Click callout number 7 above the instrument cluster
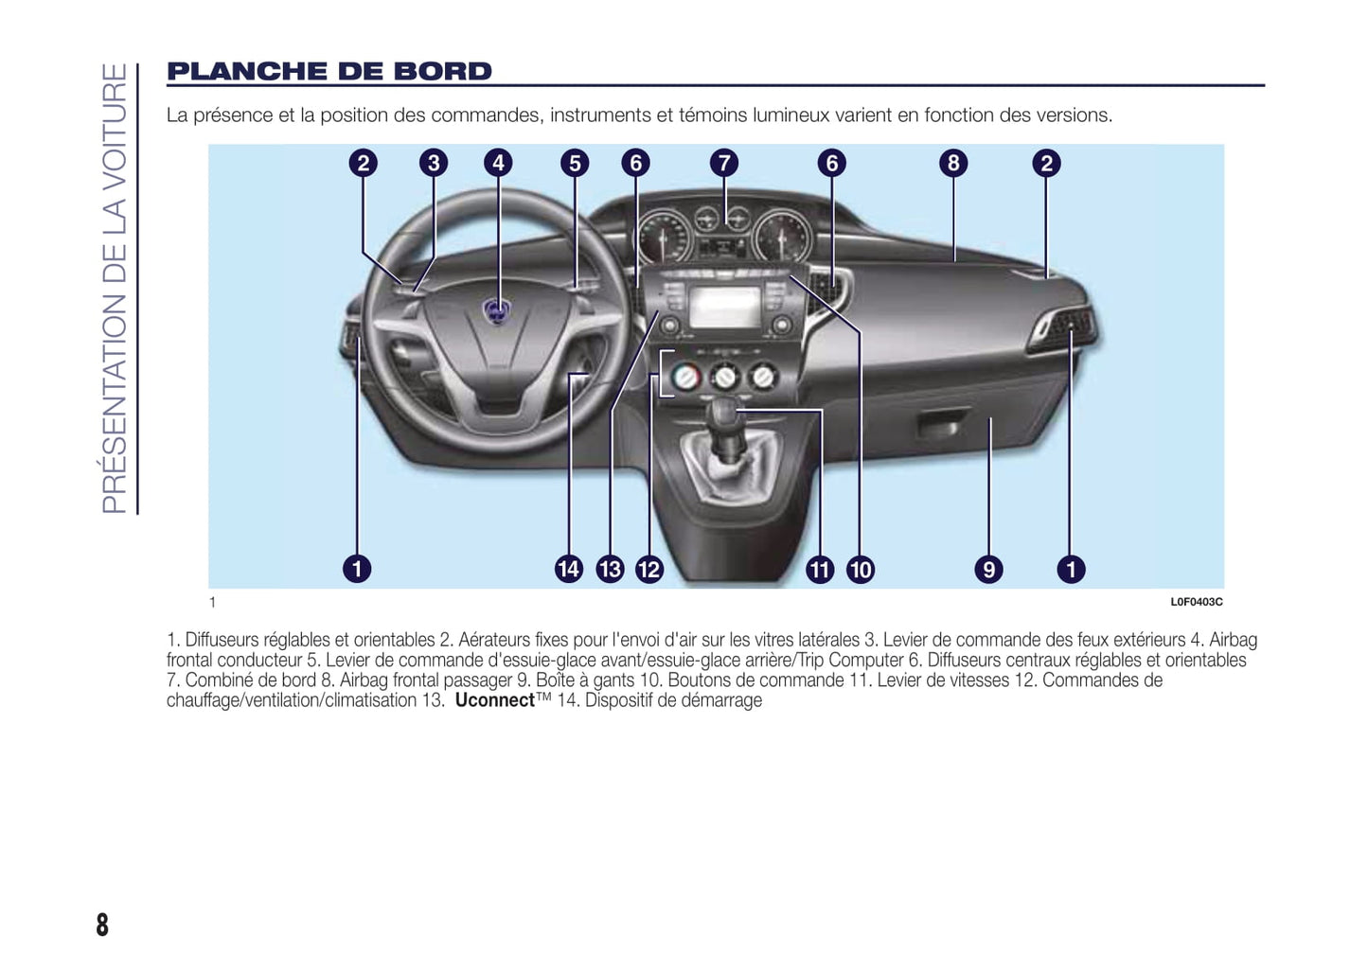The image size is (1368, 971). click(x=724, y=163)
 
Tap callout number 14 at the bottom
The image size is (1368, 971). click(x=569, y=569)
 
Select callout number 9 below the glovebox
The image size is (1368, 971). click(x=988, y=569)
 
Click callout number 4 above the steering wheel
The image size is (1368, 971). click(x=499, y=163)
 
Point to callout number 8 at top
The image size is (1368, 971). click(x=953, y=163)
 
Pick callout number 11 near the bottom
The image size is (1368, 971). click(x=820, y=569)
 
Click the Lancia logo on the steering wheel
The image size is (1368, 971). click(x=495, y=310)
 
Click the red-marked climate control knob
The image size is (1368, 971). click(x=685, y=378)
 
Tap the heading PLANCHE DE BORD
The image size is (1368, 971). click(x=329, y=72)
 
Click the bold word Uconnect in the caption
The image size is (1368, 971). click(x=495, y=700)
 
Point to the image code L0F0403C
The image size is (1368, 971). click(x=1196, y=602)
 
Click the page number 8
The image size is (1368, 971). click(x=102, y=924)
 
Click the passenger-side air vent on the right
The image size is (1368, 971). click(x=1065, y=328)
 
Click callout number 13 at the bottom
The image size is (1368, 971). click(x=610, y=569)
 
